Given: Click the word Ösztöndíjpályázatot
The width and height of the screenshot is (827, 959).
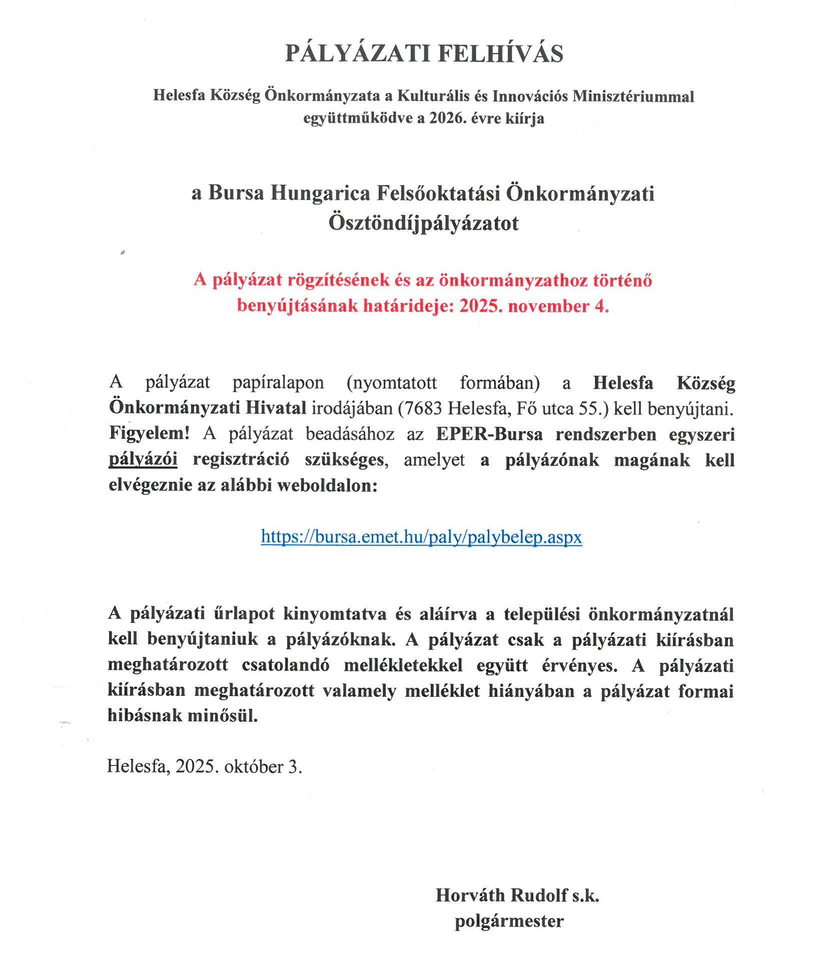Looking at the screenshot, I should (x=423, y=223).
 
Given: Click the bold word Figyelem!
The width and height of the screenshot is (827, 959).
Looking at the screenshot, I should (x=149, y=433).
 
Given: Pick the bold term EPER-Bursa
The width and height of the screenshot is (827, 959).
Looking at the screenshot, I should (x=489, y=434).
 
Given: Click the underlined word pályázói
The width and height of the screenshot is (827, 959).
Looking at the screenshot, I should (x=143, y=459).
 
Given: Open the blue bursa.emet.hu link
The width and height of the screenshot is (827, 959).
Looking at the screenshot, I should (x=421, y=537).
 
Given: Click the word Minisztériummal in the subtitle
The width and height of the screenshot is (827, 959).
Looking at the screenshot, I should (x=633, y=96).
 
